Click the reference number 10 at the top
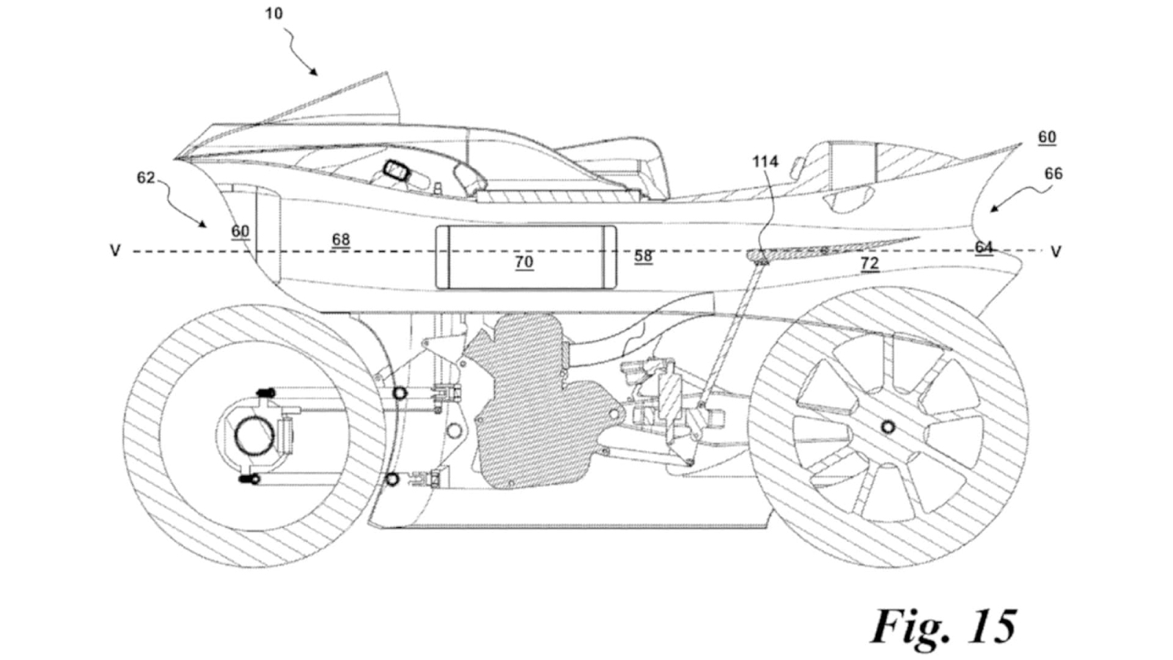point(273,13)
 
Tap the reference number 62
point(146,177)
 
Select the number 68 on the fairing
point(340,239)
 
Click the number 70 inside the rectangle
point(523,262)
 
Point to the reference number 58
point(643,255)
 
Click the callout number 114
point(765,161)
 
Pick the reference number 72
point(869,263)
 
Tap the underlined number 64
point(984,246)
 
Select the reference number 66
point(1054,174)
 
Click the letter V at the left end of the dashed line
point(115,252)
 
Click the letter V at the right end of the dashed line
point(1056,252)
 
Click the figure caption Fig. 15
point(944,626)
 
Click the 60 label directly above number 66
point(1047,137)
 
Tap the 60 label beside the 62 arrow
point(240,231)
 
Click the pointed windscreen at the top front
point(352,103)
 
